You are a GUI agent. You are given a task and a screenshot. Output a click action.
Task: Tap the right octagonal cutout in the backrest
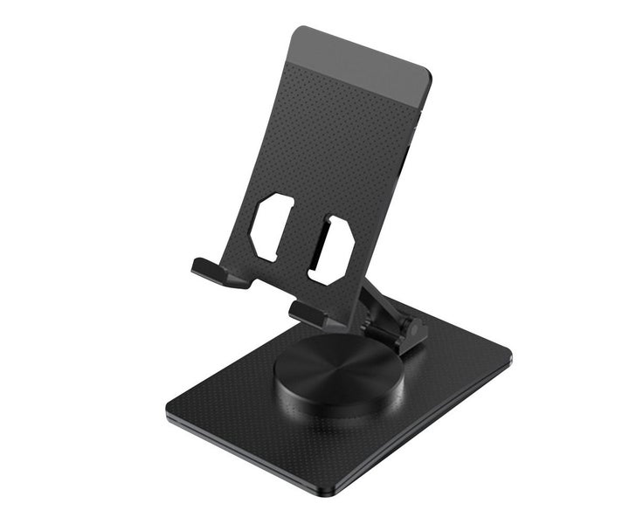tap(331, 250)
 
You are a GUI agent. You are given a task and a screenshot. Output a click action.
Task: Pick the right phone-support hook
tap(309, 313)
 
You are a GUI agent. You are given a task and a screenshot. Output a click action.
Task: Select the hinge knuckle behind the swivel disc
tap(411, 331)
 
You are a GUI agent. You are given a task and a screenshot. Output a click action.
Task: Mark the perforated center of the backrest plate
tap(341, 157)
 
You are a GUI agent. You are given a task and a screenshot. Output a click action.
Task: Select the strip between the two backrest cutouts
tap(301, 236)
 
